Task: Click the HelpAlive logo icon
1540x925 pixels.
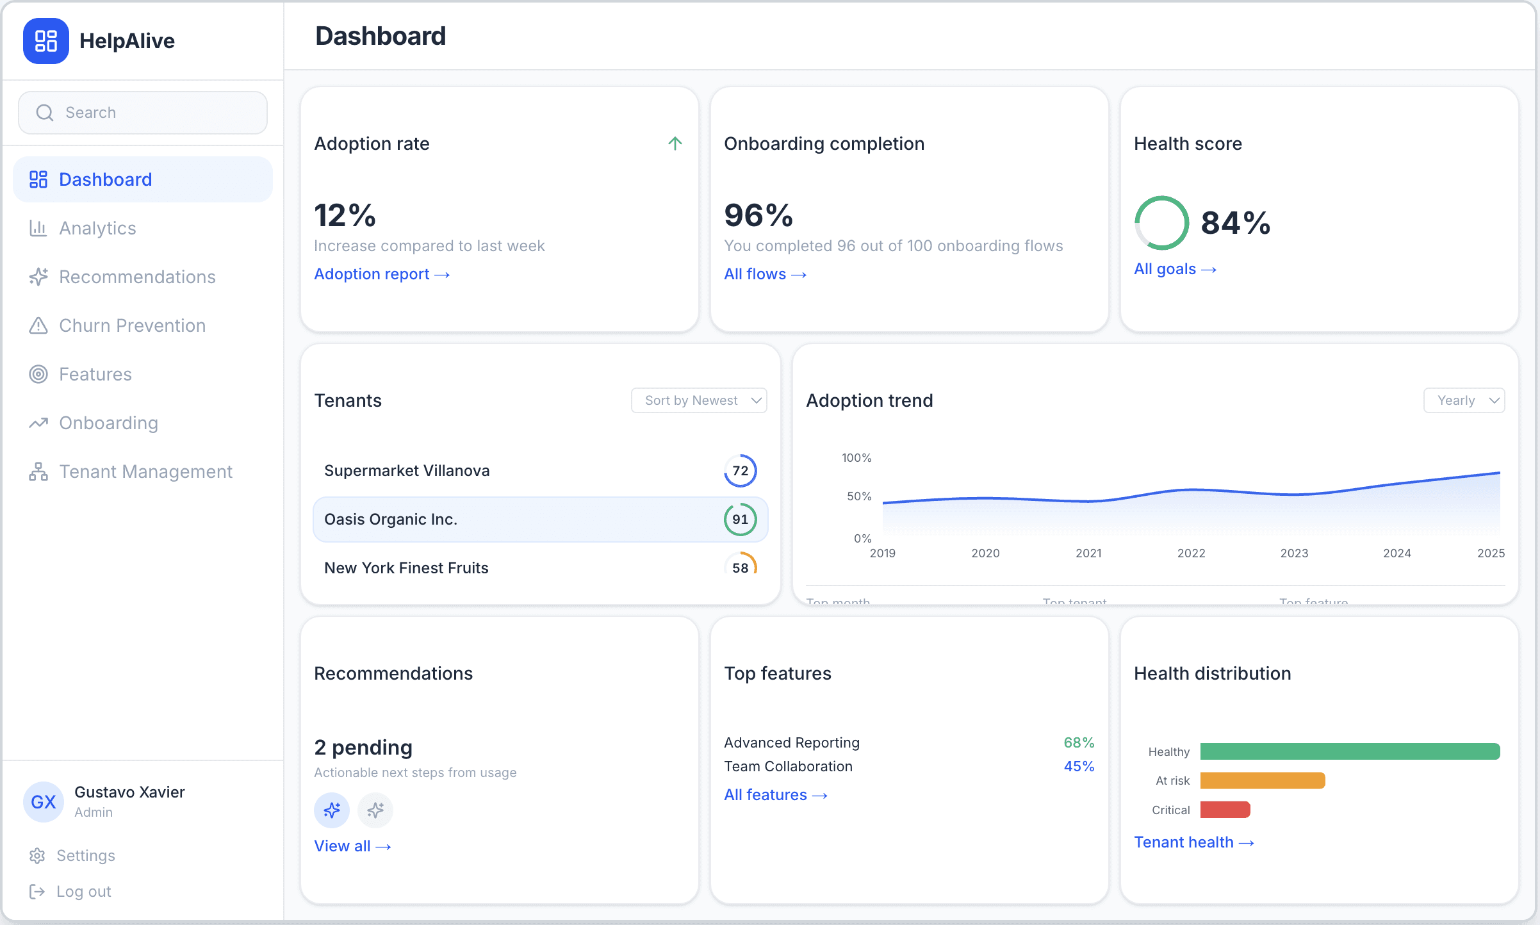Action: click(x=45, y=41)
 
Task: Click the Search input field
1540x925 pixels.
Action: click(x=143, y=113)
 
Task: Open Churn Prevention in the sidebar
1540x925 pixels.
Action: click(x=131, y=325)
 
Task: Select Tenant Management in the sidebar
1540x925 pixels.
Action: click(x=145, y=471)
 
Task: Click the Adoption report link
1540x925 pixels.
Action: click(x=382, y=274)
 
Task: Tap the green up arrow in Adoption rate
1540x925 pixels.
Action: click(x=675, y=143)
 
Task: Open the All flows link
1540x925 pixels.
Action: click(x=765, y=274)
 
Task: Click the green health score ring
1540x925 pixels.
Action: click(x=1161, y=223)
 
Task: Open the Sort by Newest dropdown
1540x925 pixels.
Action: click(x=699, y=400)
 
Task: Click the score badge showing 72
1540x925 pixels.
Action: click(x=740, y=471)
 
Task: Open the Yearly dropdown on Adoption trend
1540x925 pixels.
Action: click(x=1464, y=400)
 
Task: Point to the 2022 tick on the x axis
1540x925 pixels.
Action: click(x=1191, y=553)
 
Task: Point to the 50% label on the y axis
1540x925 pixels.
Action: click(x=858, y=496)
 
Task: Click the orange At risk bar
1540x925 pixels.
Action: click(x=1262, y=780)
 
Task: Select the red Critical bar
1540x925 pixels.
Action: click(x=1225, y=810)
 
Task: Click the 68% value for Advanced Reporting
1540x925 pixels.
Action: click(x=1079, y=742)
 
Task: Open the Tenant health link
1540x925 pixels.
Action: click(x=1193, y=842)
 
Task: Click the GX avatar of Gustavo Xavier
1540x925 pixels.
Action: click(x=44, y=802)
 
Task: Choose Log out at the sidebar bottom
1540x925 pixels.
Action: click(x=83, y=892)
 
